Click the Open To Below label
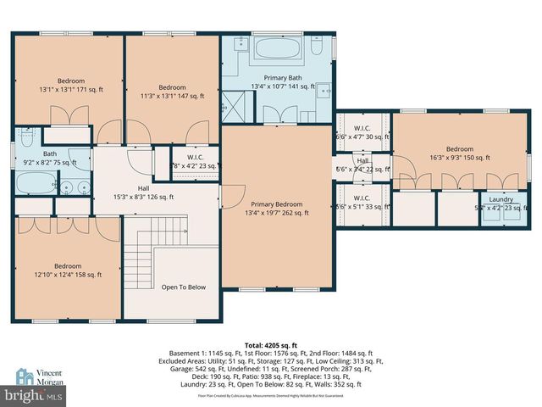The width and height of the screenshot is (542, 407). tap(184, 287)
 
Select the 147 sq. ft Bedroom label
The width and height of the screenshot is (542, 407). tap(173, 92)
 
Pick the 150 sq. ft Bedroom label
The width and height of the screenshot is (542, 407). tap(460, 153)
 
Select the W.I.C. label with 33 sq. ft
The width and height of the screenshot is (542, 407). tap(362, 203)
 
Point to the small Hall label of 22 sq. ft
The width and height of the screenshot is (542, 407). tap(362, 165)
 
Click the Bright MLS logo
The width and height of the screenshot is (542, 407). tap(34, 395)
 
